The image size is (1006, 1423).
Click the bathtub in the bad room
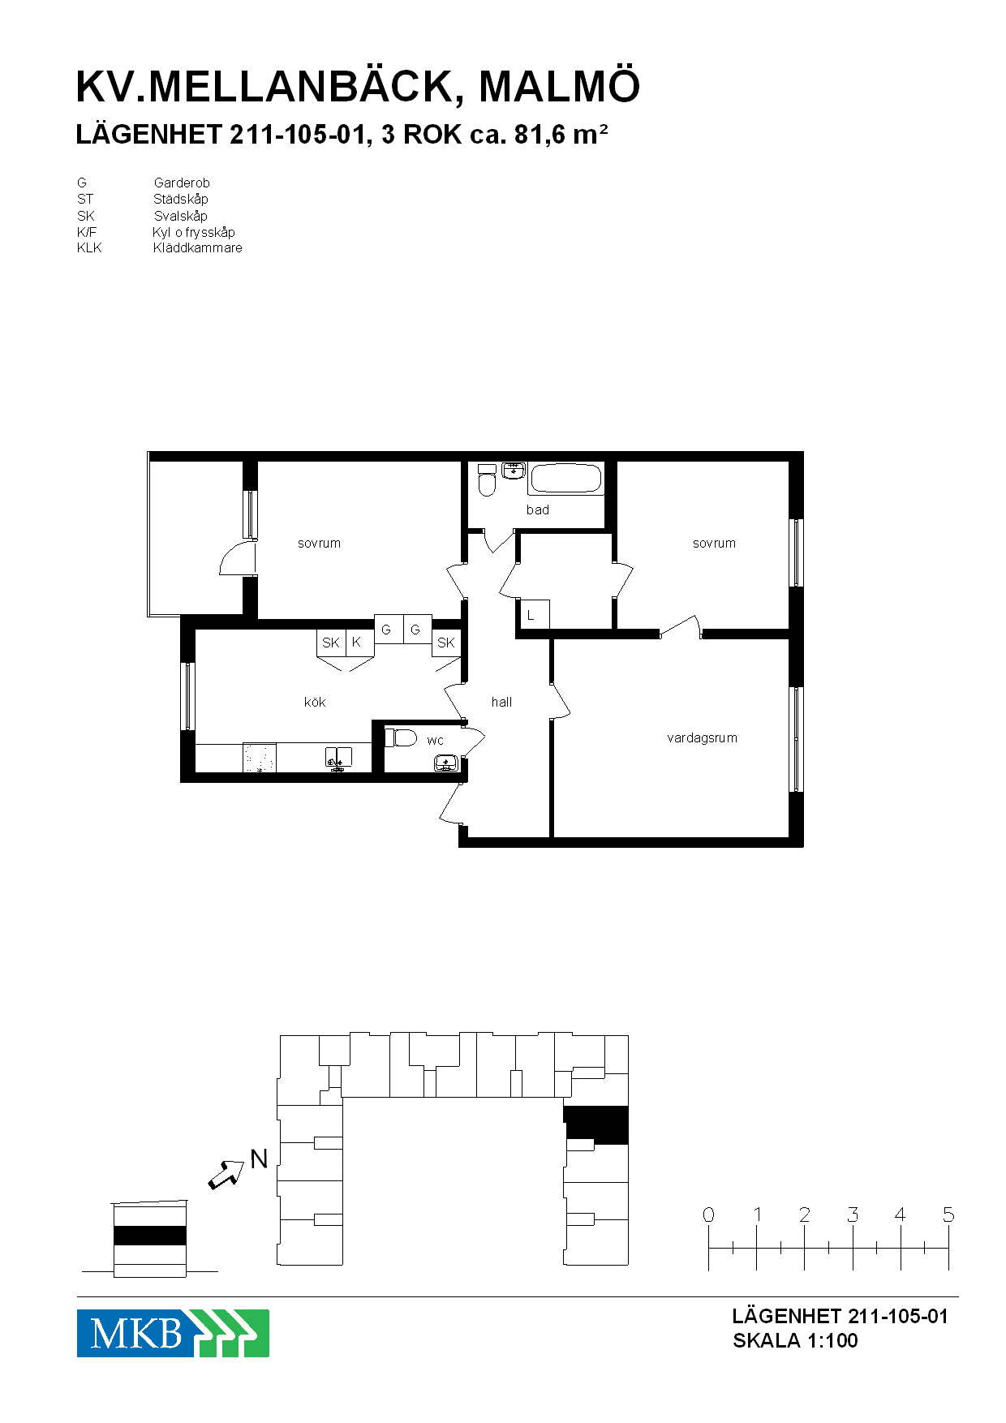pos(566,478)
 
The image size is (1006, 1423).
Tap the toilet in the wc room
pos(401,737)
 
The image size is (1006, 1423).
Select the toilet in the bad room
pos(487,480)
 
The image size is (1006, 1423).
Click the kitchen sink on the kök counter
pos(339,758)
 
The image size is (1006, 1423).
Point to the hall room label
pos(501,702)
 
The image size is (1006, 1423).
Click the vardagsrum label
pos(702,738)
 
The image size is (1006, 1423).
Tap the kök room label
pos(315,702)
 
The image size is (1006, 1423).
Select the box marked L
pos(534,614)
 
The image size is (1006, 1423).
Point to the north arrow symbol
pos(226,1174)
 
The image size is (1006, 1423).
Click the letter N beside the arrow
pos(259,1159)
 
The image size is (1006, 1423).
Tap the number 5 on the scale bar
pos(948,1214)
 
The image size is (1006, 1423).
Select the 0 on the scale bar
pos(708,1214)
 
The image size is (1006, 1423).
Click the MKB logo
pos(173,1333)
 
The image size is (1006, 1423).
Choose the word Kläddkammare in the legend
pos(198,248)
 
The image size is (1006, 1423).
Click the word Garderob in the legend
pos(182,183)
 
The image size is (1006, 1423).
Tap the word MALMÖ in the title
pos(560,87)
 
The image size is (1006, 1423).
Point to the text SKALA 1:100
pos(795,1340)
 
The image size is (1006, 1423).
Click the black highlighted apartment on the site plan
pos(596,1124)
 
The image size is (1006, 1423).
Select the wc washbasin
pos(446,763)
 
